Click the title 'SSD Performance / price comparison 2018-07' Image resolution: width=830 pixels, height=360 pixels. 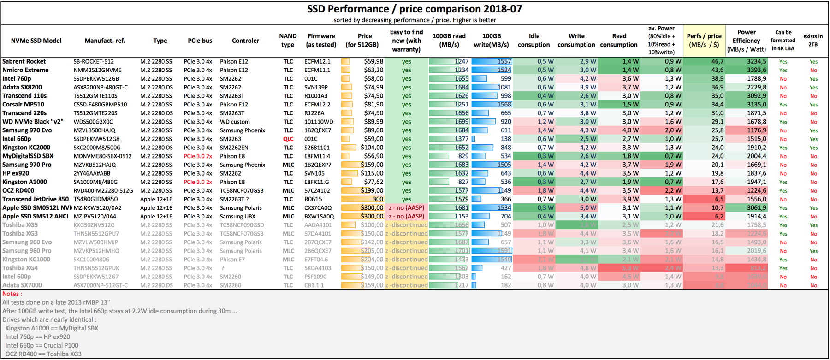[414, 9]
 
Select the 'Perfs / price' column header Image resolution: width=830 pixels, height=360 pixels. [704, 40]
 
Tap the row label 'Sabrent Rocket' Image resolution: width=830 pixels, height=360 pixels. [24, 61]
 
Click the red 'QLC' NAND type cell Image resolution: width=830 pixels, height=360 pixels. [288, 139]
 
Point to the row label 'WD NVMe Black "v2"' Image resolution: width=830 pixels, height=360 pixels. [33, 122]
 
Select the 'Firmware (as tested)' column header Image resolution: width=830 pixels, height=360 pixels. [321, 40]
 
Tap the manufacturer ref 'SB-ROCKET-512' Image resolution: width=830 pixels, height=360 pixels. [94, 61]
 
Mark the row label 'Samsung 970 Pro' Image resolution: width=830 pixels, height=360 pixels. [27, 165]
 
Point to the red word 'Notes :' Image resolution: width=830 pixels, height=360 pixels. [12, 294]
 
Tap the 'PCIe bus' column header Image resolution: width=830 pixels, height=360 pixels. [200, 41]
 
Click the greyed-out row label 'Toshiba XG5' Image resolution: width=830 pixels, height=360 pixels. [20, 225]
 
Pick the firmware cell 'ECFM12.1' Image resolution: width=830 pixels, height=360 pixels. [317, 61]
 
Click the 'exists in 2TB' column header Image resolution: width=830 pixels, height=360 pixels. [812, 40]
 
